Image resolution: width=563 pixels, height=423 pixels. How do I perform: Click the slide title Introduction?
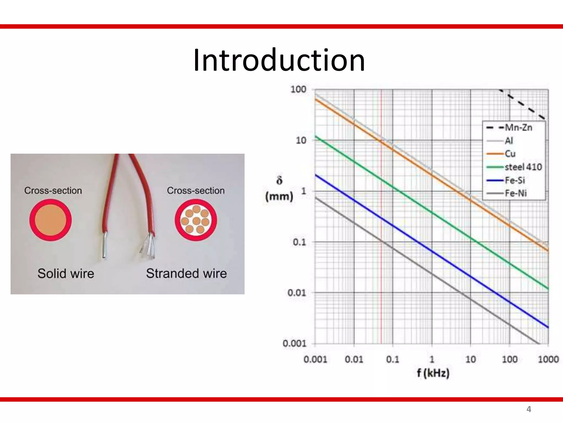tap(279, 61)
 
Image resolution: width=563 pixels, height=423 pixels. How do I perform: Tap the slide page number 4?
tap(528, 409)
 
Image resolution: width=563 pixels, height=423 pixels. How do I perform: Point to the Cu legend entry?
tap(510, 154)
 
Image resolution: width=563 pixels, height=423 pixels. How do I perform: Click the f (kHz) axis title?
tap(433, 373)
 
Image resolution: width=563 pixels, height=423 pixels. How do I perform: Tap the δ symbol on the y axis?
tap(279, 181)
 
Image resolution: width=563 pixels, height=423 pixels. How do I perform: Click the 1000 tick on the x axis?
tap(548, 359)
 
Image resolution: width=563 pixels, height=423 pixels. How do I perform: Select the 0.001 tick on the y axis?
tap(294, 343)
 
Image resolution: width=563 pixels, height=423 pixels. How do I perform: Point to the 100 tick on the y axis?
tap(298, 89)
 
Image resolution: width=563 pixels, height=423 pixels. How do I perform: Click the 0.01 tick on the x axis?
tap(354, 359)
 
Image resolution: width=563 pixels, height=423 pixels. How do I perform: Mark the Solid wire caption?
tap(66, 273)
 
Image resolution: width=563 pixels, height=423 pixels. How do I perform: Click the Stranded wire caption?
tap(186, 273)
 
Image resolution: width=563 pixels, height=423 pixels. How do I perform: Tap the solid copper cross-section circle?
tap(51, 220)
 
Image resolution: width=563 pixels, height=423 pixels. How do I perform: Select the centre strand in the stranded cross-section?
tap(196, 221)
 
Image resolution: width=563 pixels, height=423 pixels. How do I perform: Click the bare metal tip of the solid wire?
tap(105, 245)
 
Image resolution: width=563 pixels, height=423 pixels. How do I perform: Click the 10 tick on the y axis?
tap(301, 140)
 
